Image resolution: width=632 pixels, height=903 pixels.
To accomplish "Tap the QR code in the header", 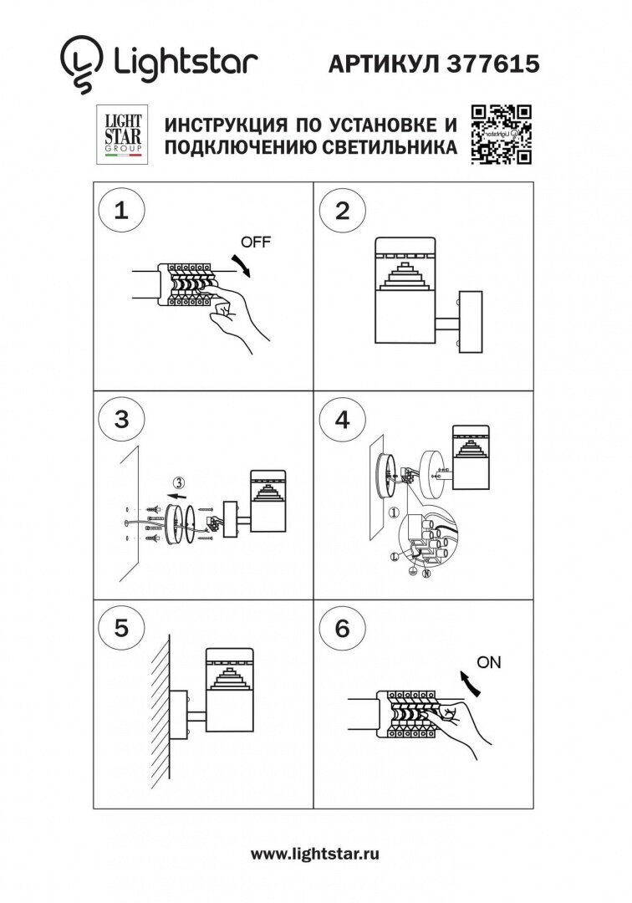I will pyautogui.click(x=501, y=133).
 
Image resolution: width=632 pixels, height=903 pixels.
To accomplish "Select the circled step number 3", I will pyautogui.click(x=122, y=421).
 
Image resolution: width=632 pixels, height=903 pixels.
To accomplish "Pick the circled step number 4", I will pyautogui.click(x=341, y=421).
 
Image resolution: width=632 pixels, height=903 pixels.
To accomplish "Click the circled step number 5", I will pyautogui.click(x=122, y=629).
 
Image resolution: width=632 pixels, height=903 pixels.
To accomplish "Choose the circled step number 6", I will pyautogui.click(x=341, y=629).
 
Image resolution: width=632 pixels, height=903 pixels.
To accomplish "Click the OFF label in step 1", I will pyautogui.click(x=256, y=242).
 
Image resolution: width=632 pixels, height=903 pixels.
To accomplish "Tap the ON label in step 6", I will pyautogui.click(x=488, y=662).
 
